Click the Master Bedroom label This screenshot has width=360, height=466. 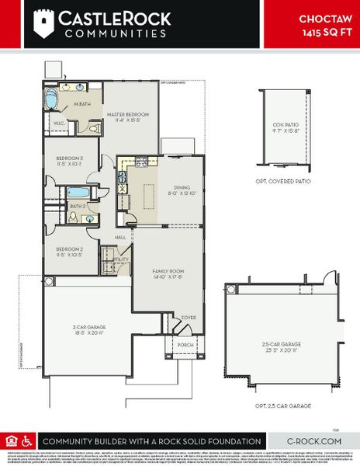[x=129, y=114]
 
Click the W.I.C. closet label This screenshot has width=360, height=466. [x=59, y=123]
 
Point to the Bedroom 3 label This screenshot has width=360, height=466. [x=70, y=158]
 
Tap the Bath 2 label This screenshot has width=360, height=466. [x=78, y=206]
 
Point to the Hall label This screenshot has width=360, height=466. [x=120, y=237]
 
